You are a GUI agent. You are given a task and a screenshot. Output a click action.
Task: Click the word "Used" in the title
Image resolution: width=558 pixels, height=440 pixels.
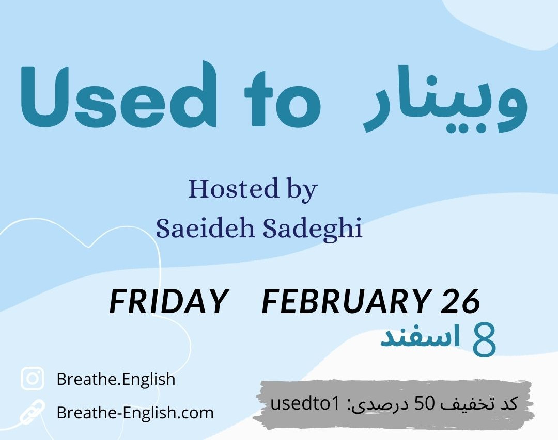(118, 94)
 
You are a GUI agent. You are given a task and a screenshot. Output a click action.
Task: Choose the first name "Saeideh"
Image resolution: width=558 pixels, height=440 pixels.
(205, 228)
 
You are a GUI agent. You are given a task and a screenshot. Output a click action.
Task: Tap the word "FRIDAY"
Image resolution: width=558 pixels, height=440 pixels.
(168, 301)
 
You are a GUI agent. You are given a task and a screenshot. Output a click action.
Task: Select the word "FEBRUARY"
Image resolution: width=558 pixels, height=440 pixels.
(346, 301)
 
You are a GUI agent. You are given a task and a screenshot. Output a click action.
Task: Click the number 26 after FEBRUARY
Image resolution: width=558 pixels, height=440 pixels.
(461, 301)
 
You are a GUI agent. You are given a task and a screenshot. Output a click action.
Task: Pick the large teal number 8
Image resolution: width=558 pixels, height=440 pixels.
(484, 340)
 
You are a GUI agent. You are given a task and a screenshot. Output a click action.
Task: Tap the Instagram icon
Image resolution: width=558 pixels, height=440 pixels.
(33, 379)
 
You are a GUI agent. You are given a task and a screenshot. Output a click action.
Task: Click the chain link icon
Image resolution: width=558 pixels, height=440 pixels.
(33, 412)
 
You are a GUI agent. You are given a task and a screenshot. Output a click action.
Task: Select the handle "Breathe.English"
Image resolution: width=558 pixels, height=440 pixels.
(116, 379)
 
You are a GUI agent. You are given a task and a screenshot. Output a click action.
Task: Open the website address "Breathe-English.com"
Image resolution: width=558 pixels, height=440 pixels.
(135, 413)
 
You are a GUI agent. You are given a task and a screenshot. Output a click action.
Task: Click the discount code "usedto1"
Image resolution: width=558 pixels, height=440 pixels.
(305, 403)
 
